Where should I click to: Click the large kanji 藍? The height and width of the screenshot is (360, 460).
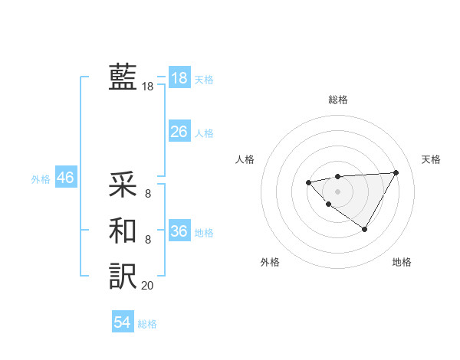123,77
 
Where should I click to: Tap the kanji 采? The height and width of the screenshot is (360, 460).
123,184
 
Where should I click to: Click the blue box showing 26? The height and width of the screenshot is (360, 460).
179,132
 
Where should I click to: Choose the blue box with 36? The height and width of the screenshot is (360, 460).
179,231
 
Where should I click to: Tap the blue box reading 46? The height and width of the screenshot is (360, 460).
65,178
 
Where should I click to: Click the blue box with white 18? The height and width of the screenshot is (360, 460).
179,78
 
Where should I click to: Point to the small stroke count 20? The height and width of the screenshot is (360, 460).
147,286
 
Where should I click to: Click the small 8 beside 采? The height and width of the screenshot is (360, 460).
147,194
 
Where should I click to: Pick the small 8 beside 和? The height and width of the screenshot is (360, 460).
147,240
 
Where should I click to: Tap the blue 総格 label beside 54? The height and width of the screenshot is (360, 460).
147,324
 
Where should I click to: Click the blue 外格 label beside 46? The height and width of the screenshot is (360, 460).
41,179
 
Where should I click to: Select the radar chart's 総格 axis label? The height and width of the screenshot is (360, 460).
338,100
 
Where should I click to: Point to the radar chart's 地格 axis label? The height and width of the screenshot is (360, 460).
402,262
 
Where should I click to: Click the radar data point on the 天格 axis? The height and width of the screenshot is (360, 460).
396,172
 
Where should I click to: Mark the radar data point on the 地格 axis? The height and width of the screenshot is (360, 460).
365,229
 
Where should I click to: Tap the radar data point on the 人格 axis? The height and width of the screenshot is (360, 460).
308,182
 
